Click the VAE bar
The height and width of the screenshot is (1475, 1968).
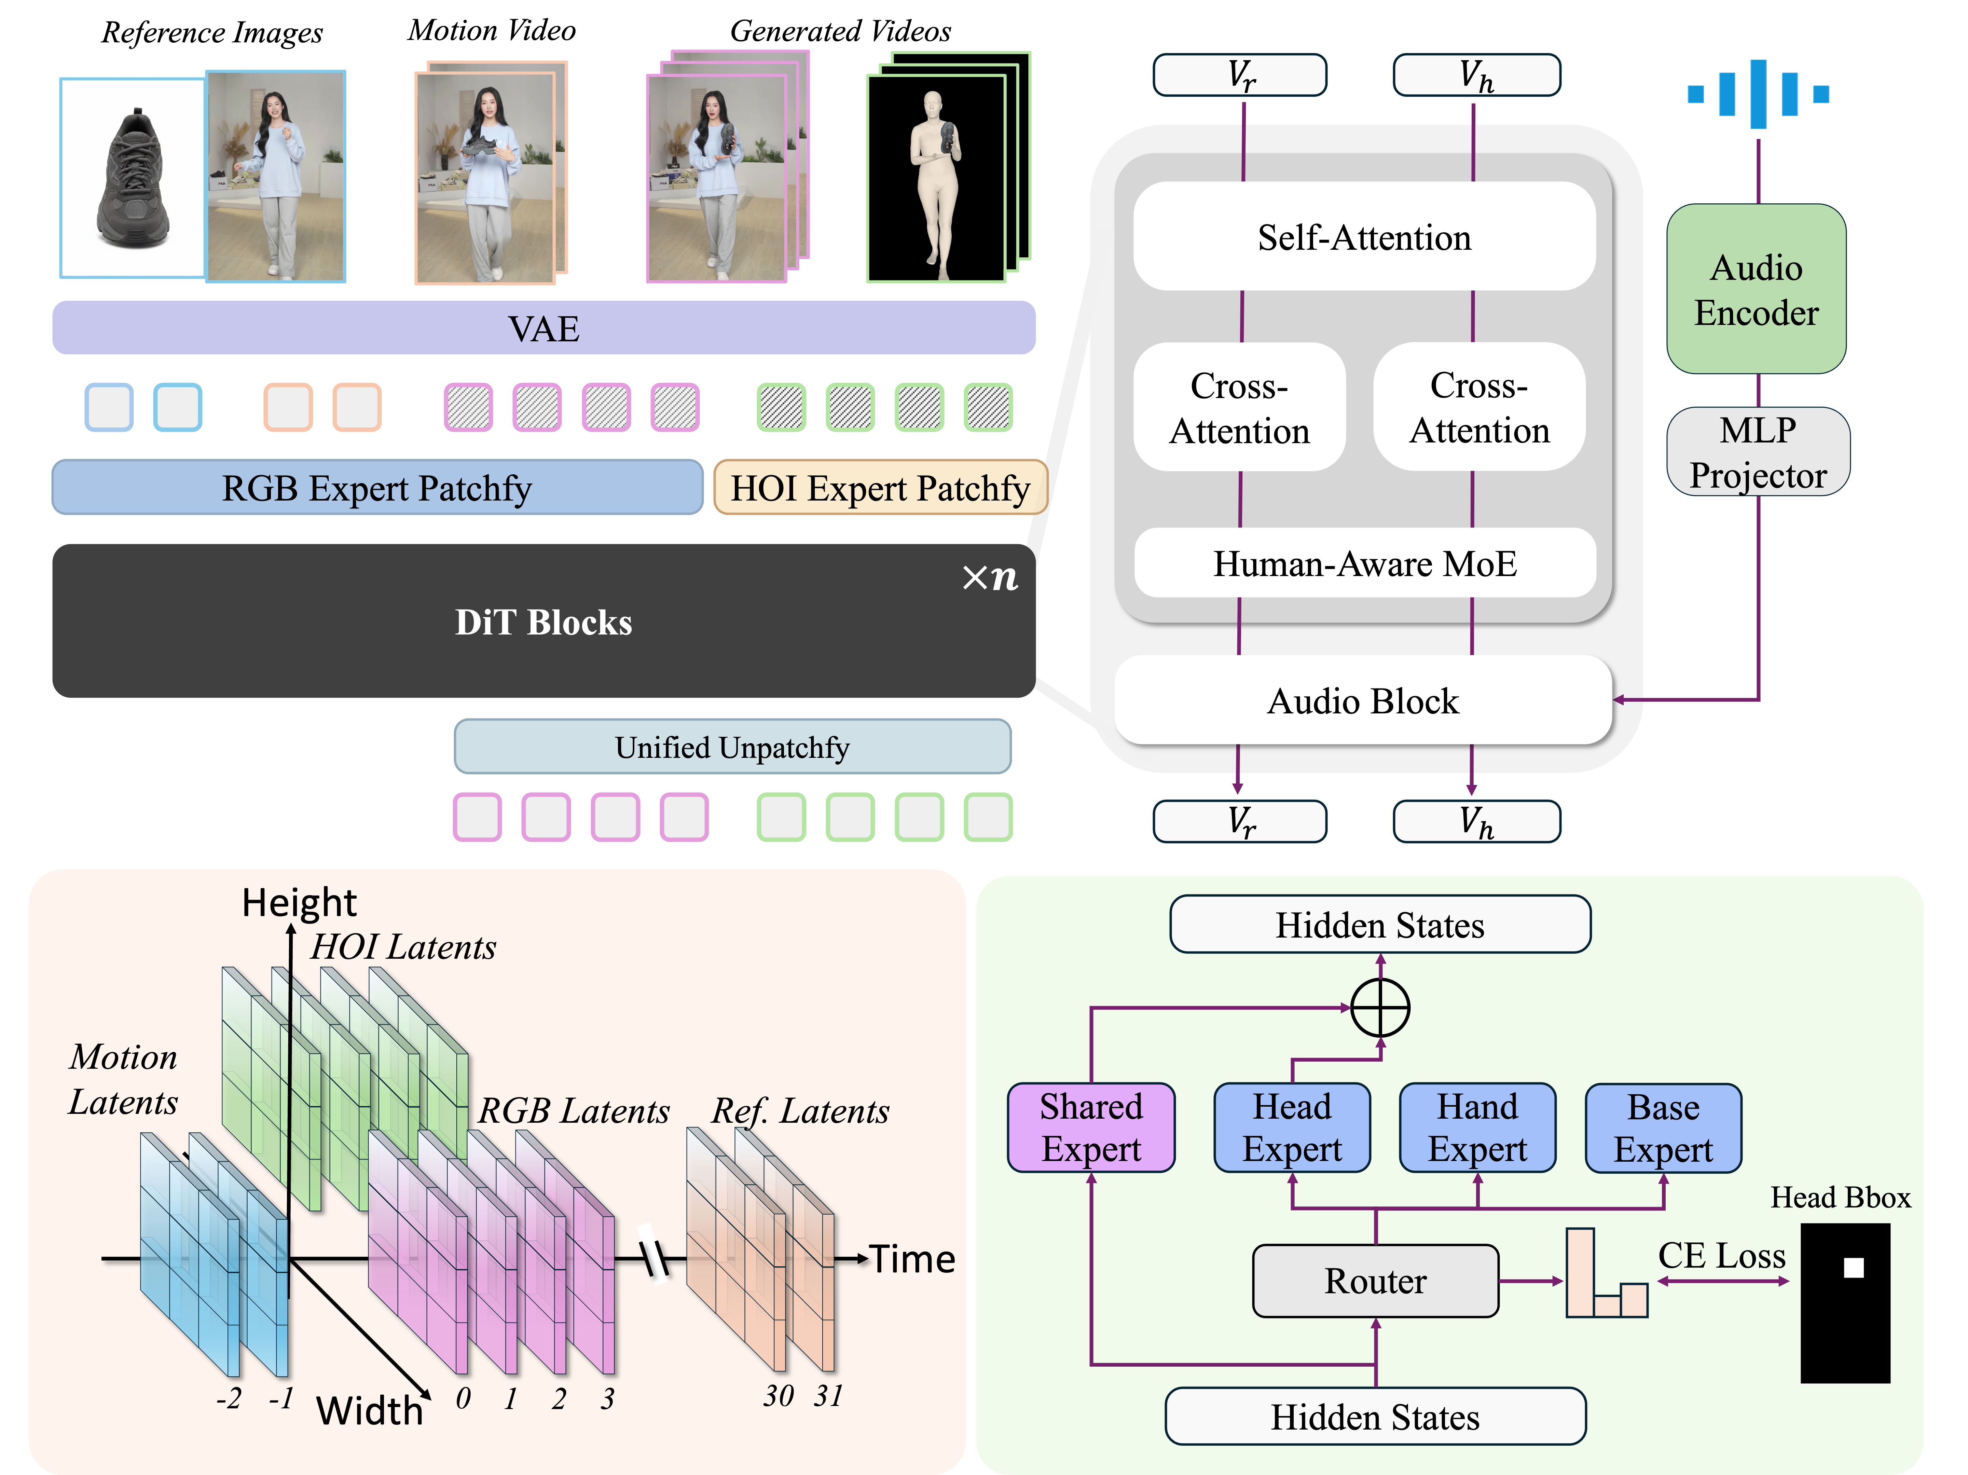pyautogui.click(x=543, y=328)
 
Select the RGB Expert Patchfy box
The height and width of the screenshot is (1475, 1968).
pyautogui.click(x=377, y=488)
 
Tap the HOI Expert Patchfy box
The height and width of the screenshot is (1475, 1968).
pyautogui.click(x=879, y=488)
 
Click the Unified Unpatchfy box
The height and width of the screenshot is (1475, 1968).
pyautogui.click(x=732, y=747)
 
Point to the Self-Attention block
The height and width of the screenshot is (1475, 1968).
pyautogui.click(x=1364, y=237)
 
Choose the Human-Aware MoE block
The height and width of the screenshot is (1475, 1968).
pyautogui.click(x=1364, y=563)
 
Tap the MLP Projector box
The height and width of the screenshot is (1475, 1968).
pyautogui.click(x=1758, y=452)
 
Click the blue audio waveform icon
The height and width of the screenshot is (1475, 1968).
pyautogui.click(x=1758, y=93)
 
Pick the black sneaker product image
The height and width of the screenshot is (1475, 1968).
pyautogui.click(x=134, y=178)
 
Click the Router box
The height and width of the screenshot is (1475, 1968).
pyautogui.click(x=1375, y=1281)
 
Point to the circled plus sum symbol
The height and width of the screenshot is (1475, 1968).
pyautogui.click(x=1380, y=1008)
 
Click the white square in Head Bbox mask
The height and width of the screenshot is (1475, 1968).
pyautogui.click(x=1853, y=1268)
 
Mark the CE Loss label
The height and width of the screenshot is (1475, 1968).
pyautogui.click(x=1722, y=1255)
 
